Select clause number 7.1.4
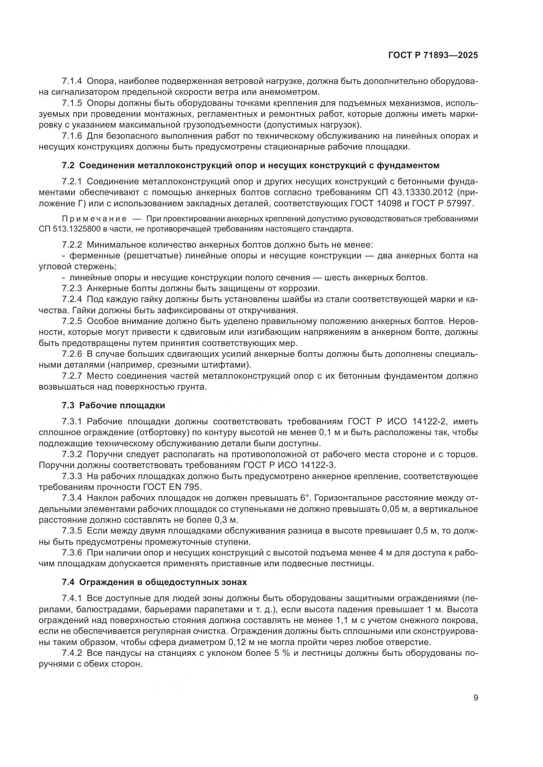[72, 81]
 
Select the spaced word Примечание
[95, 219]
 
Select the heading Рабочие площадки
[122, 406]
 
